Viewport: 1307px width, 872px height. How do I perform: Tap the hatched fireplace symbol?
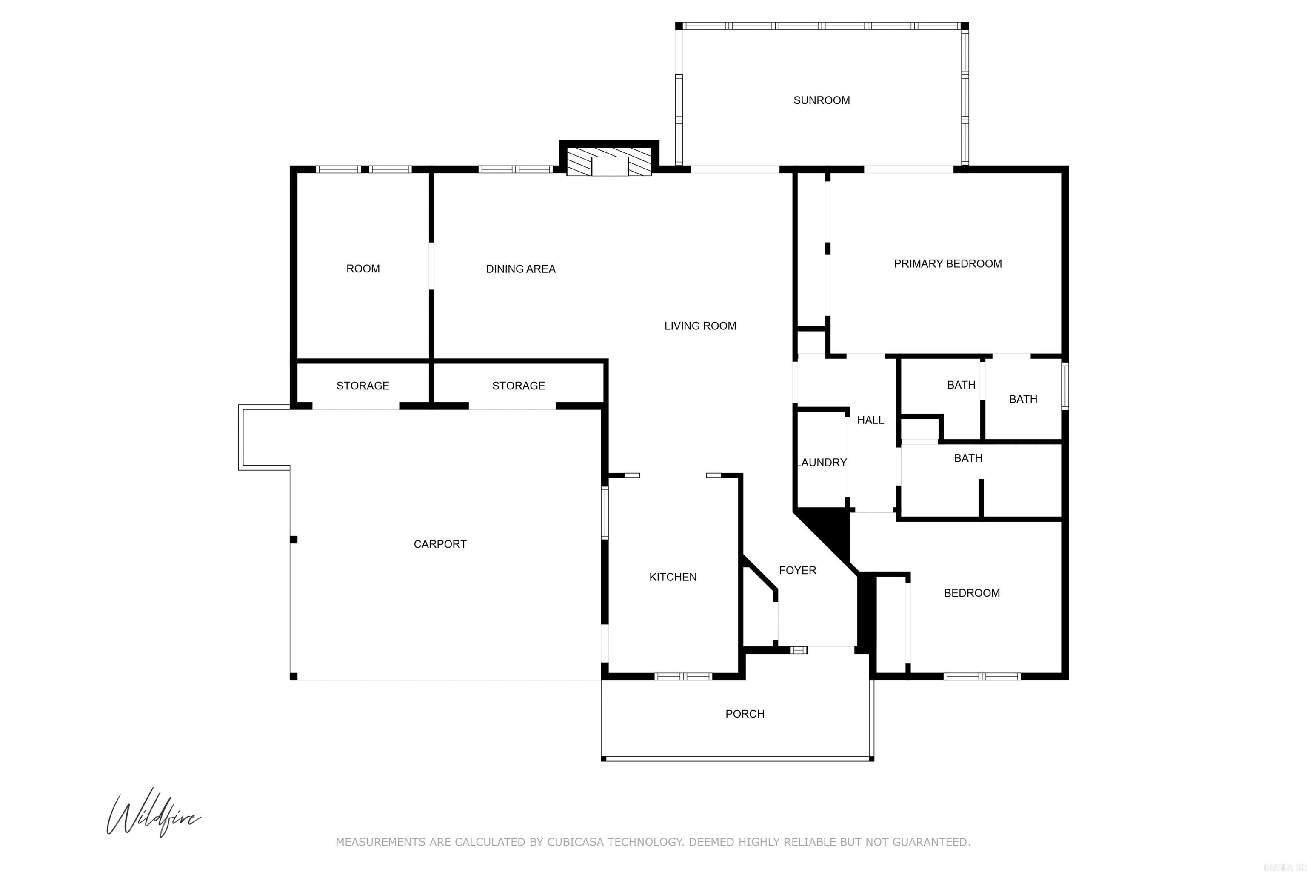tap(609, 161)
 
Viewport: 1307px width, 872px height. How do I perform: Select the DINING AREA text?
tap(520, 269)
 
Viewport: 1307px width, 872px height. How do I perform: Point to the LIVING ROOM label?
tap(700, 326)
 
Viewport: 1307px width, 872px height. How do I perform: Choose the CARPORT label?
tap(440, 544)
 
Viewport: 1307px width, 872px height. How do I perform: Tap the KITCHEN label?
tap(673, 577)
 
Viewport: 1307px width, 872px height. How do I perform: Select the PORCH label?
tap(745, 714)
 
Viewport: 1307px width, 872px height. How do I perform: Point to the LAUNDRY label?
tap(822, 463)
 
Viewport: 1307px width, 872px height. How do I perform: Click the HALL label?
tap(870, 420)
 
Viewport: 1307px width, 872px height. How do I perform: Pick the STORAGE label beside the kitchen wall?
tap(518, 386)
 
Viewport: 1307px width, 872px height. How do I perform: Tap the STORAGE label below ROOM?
tap(362, 386)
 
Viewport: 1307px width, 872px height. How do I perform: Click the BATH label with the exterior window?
tap(1023, 399)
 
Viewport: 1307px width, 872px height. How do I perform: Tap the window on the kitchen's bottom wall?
tap(683, 677)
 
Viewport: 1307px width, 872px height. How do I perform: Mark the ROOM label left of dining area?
tap(362, 269)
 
